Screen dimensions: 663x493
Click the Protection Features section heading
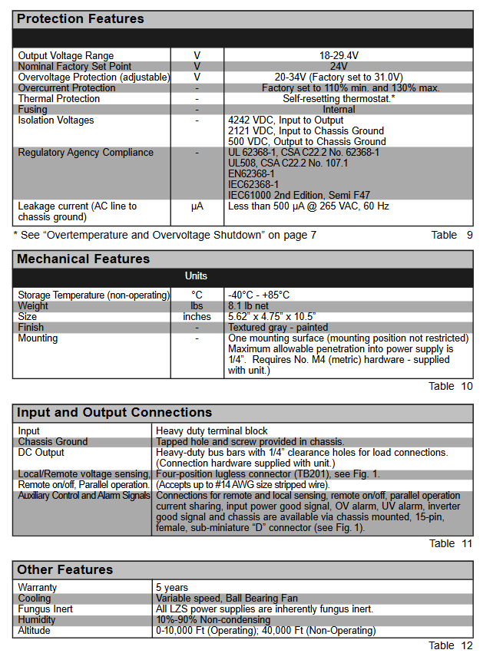[x=80, y=18]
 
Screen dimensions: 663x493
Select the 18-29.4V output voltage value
[x=339, y=55]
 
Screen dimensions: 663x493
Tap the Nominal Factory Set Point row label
[x=74, y=66]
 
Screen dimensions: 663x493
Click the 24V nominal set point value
[x=339, y=66]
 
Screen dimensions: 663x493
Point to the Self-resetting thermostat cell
[x=339, y=98]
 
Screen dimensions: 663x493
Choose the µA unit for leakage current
[x=197, y=206]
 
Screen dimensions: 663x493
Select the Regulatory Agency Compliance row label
[x=86, y=152]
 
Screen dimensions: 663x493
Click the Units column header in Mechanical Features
[x=196, y=275]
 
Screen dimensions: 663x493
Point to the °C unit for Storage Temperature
[x=197, y=295]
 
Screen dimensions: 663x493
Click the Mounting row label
[x=38, y=338]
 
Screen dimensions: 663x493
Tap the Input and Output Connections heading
[x=114, y=412]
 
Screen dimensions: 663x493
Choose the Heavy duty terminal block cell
[x=212, y=430]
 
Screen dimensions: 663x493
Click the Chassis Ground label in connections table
[x=53, y=441]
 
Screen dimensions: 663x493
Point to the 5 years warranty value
[x=172, y=587]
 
